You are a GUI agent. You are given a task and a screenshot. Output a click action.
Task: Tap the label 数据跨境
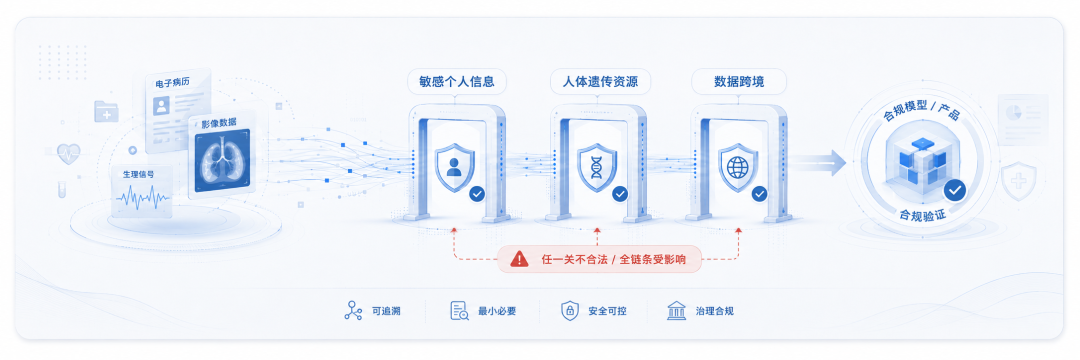pyautogui.click(x=738, y=82)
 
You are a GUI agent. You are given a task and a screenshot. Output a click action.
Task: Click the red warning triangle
pyautogui.click(x=519, y=259)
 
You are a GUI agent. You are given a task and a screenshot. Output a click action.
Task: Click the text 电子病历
pyautogui.click(x=172, y=83)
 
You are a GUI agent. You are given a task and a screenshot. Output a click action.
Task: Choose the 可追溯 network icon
pyautogui.click(x=353, y=310)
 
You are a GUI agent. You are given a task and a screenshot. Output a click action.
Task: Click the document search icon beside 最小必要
pyautogui.click(x=459, y=310)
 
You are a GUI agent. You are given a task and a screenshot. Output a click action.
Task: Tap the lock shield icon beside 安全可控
pyautogui.click(x=569, y=310)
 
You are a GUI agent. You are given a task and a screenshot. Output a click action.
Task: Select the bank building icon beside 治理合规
pyautogui.click(x=676, y=310)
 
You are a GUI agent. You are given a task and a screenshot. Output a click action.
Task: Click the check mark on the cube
pyautogui.click(x=955, y=190)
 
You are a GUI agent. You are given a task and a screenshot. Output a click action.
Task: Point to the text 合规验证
pyautogui.click(x=922, y=215)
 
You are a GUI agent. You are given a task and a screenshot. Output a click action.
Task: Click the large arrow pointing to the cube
pyautogui.click(x=818, y=163)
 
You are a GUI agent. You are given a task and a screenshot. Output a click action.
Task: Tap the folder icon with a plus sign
pyautogui.click(x=106, y=112)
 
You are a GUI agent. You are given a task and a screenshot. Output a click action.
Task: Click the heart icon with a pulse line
pyautogui.click(x=69, y=153)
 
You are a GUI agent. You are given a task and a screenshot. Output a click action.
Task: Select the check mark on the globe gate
pyautogui.click(x=760, y=194)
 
